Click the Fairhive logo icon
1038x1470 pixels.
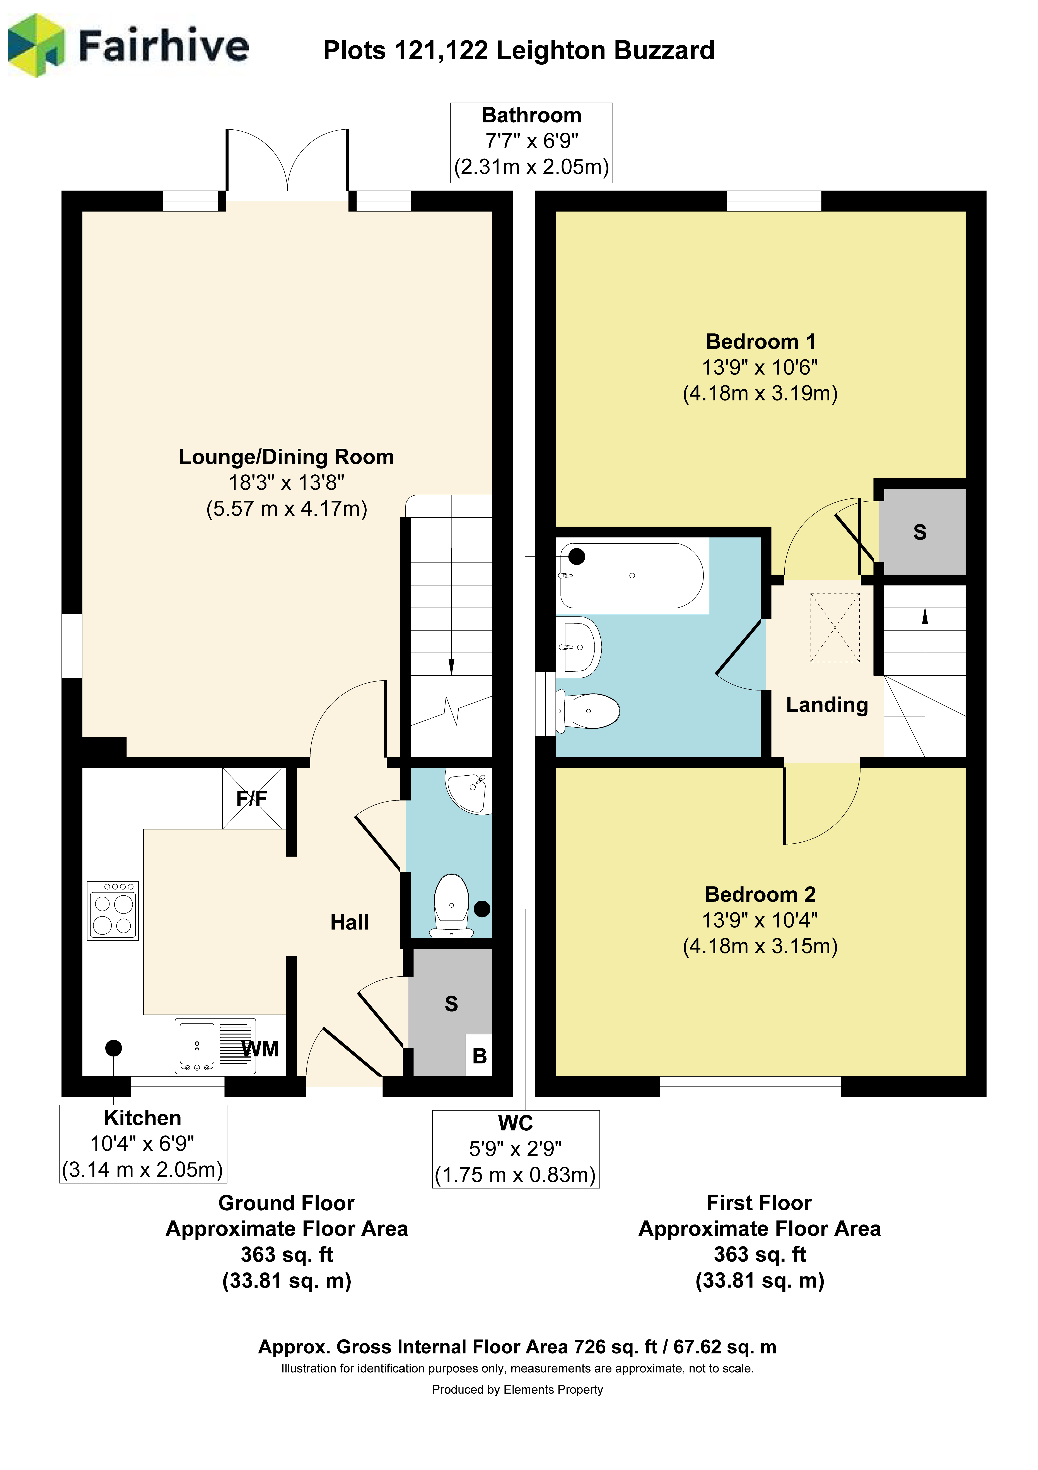coord(36,45)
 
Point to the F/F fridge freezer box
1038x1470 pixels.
coord(252,798)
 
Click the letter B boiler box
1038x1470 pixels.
coord(479,1056)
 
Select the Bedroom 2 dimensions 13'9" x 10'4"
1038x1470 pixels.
coord(760,920)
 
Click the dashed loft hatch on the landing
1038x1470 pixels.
coord(835,627)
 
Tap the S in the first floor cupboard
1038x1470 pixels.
coord(920,532)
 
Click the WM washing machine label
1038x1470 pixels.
coord(260,1049)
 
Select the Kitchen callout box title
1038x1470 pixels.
coord(143,1118)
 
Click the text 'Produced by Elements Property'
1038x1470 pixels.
coord(517,1389)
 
